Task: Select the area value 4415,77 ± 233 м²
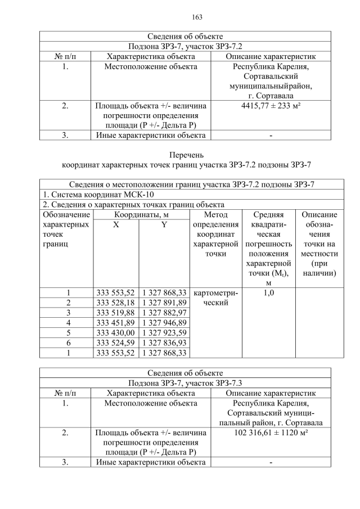pos(271,105)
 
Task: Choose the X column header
pos(115,225)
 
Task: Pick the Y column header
pos(164,225)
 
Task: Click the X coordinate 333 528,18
pos(115,302)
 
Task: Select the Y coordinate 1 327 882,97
pos(164,312)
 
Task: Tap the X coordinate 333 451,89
pos(115,322)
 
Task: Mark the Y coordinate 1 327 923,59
pos(164,332)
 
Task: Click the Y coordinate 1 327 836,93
pos(164,343)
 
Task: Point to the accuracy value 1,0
pos(268,292)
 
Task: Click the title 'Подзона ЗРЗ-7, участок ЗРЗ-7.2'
pos(185,46)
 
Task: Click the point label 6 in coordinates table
pos(67,343)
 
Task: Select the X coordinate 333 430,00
pos(115,332)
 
